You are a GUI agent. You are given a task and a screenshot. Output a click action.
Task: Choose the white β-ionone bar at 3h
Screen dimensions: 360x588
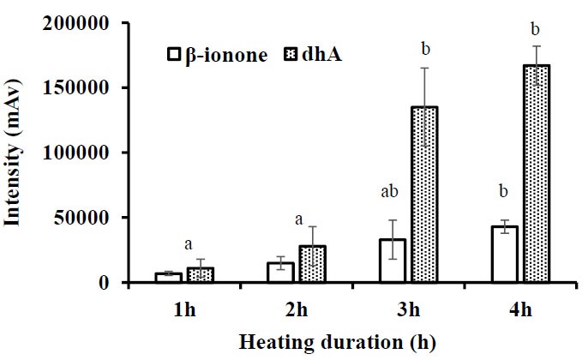pos(393,260)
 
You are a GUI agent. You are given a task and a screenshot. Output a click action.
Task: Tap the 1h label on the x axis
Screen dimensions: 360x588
pos(182,307)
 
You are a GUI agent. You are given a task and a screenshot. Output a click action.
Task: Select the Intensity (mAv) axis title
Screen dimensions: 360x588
pos(15,153)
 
